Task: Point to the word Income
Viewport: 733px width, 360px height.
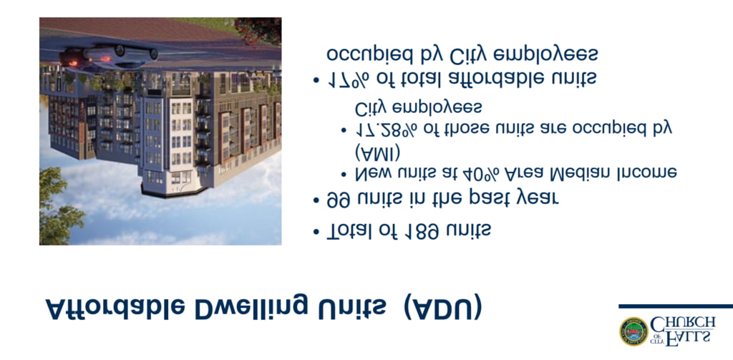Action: point(644,173)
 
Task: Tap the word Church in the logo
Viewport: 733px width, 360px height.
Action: point(683,323)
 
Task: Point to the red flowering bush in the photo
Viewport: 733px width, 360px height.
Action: point(258,30)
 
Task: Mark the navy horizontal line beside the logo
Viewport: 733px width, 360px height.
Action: point(676,306)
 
